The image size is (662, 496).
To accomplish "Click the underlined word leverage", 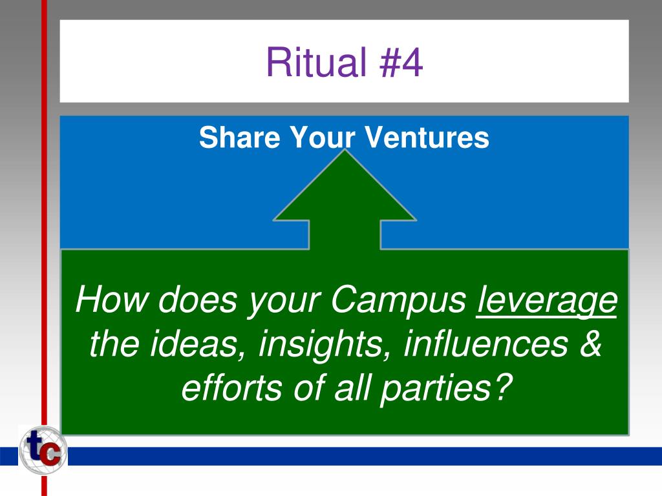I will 546,301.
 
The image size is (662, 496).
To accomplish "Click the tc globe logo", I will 43,451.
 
